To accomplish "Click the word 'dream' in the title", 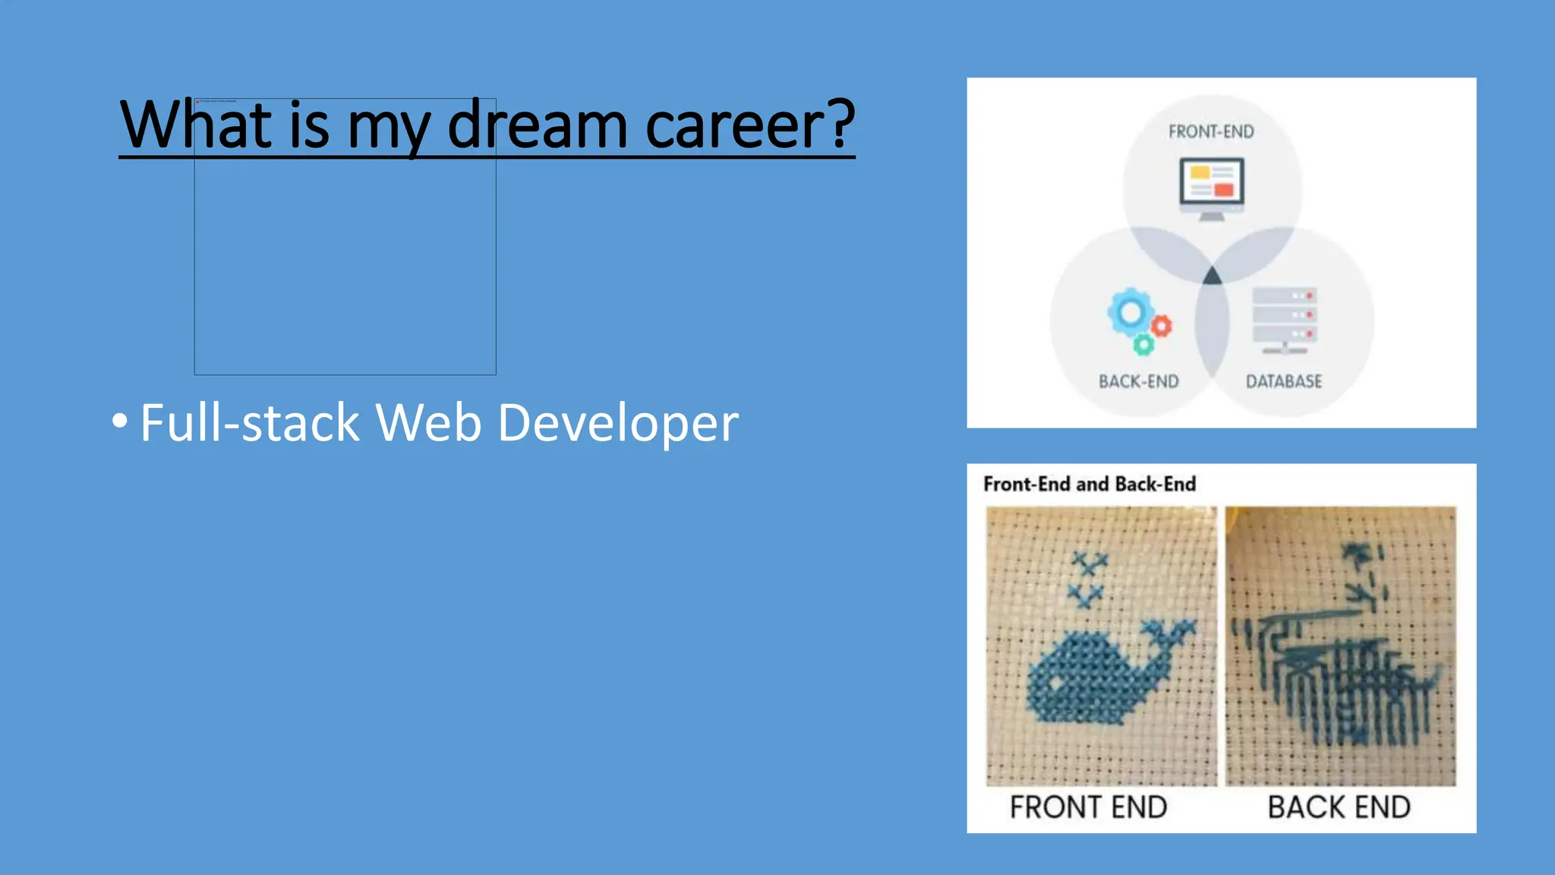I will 537,125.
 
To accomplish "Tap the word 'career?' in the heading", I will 750,125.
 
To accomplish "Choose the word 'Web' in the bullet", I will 428,423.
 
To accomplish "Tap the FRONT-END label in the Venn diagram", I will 1211,132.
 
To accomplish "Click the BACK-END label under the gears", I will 1138,381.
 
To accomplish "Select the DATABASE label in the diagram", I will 1284,381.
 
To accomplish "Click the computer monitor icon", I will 1211,186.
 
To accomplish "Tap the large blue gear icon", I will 1131,312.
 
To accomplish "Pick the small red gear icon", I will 1161,327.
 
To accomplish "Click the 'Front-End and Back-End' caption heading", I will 1089,484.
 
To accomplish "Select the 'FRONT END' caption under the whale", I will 1088,807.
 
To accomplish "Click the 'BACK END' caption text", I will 1339,807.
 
